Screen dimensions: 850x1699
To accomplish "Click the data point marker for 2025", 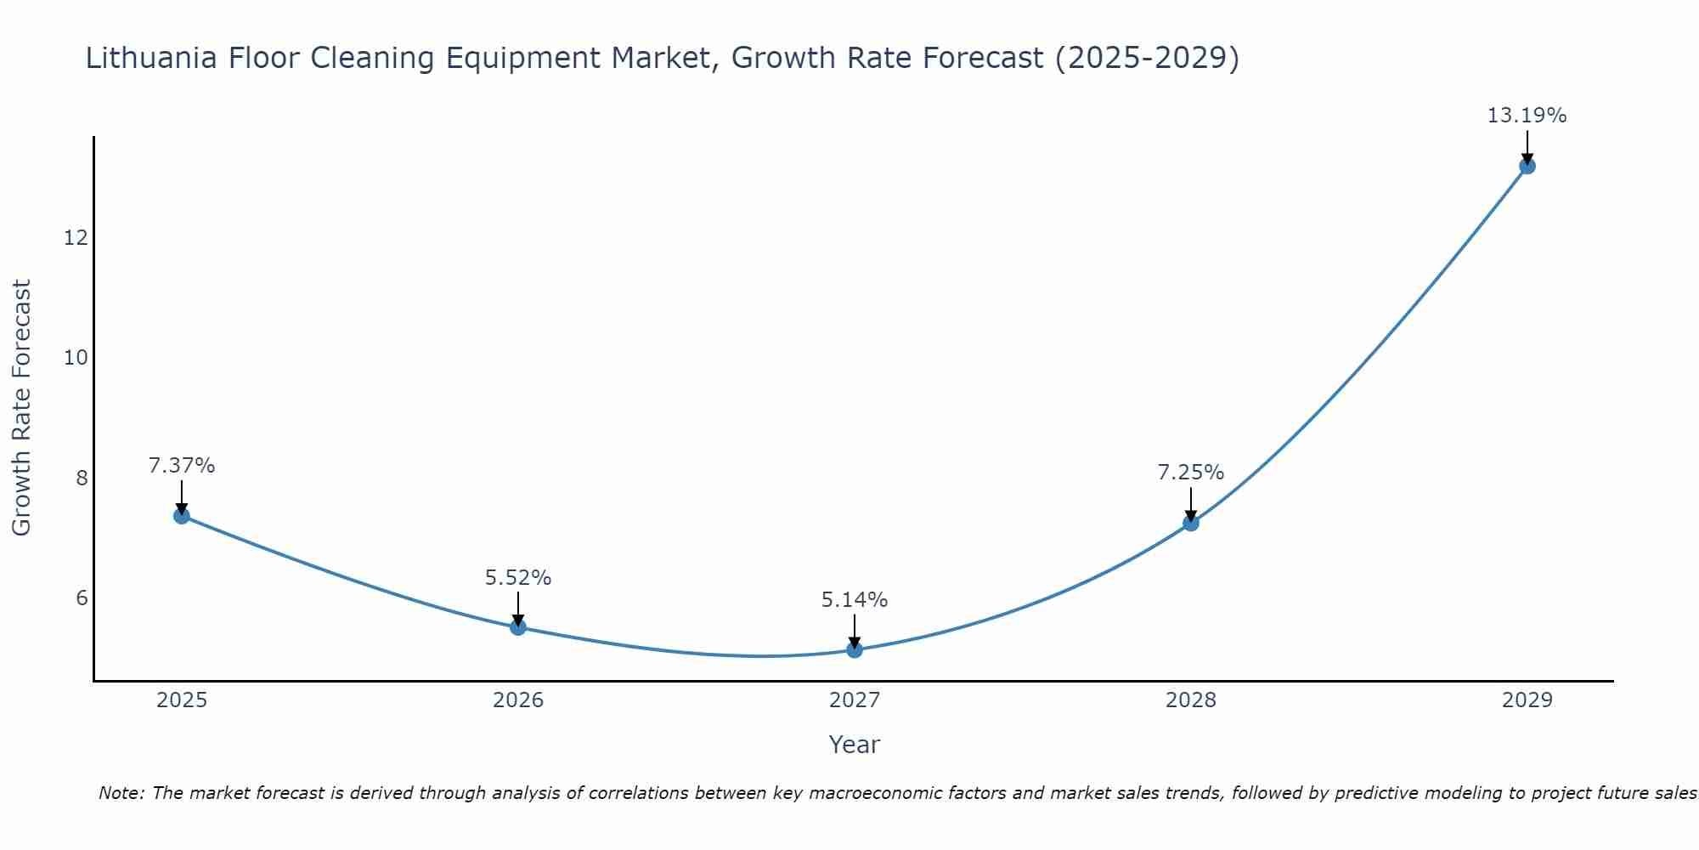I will click(x=182, y=515).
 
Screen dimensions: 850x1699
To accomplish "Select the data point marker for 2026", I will click(x=518, y=627).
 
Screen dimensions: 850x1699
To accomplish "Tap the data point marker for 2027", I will click(x=855, y=650).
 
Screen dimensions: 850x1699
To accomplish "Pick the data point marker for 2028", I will click(x=1191, y=523).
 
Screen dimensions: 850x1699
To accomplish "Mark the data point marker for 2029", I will click(x=1527, y=166).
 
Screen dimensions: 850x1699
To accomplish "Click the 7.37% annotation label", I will click(x=182, y=466).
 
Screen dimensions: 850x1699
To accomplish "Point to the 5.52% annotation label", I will click(x=518, y=578).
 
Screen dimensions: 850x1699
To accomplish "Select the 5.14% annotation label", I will click(x=855, y=600).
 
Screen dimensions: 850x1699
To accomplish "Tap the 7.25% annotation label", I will click(x=1191, y=473).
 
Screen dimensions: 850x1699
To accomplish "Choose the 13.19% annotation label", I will click(x=1527, y=116).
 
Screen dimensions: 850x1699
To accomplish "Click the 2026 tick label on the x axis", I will click(x=518, y=700).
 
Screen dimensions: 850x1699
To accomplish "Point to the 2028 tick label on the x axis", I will click(x=1191, y=700).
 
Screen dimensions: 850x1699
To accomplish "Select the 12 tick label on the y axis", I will click(x=76, y=237).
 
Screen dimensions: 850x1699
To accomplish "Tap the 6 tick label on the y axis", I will click(x=82, y=598).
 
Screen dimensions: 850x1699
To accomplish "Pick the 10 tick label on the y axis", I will click(x=76, y=358).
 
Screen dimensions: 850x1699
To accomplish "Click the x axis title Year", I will click(x=854, y=745).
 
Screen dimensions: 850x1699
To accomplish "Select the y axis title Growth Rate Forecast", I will click(x=22, y=407).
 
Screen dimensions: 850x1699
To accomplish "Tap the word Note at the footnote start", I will click(x=121, y=793).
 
